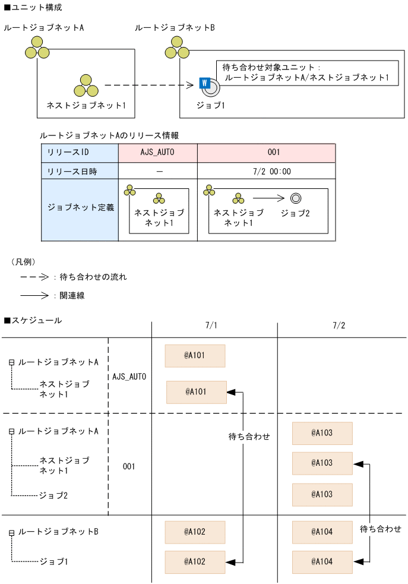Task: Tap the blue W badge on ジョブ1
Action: coord(204,83)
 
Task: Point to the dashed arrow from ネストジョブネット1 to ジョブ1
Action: coord(148,86)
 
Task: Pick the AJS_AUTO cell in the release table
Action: coord(157,153)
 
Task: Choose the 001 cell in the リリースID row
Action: coord(265,153)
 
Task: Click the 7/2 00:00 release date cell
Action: coord(265,172)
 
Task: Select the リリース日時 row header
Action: coord(80,172)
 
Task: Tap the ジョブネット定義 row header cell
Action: coord(80,209)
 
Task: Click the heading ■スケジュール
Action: coord(32,321)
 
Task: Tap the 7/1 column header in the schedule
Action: coord(211,326)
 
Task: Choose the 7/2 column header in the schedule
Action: coord(339,326)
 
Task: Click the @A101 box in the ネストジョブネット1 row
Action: coord(195,392)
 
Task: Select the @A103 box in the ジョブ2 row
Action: coord(322,494)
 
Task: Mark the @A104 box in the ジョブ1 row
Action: coord(322,561)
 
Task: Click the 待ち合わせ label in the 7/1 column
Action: coord(249,437)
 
